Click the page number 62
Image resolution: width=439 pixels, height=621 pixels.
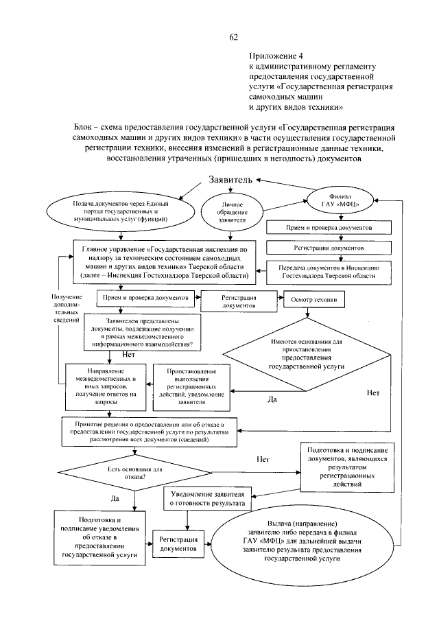(x=234, y=36)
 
